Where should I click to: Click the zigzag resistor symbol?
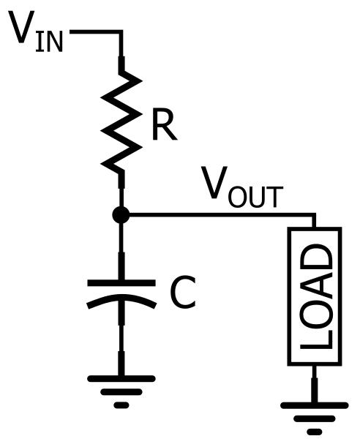(x=121, y=121)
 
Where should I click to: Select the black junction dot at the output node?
(x=121, y=215)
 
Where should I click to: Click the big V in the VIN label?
(x=23, y=29)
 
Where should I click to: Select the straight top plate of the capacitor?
(x=121, y=282)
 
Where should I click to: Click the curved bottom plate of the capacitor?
(x=121, y=301)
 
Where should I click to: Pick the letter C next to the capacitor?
(x=183, y=293)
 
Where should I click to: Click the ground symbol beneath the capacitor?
(x=121, y=388)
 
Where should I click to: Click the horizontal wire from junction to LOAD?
(x=220, y=215)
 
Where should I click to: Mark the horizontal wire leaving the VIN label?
(x=95, y=32)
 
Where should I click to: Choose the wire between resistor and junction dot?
(x=121, y=192)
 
